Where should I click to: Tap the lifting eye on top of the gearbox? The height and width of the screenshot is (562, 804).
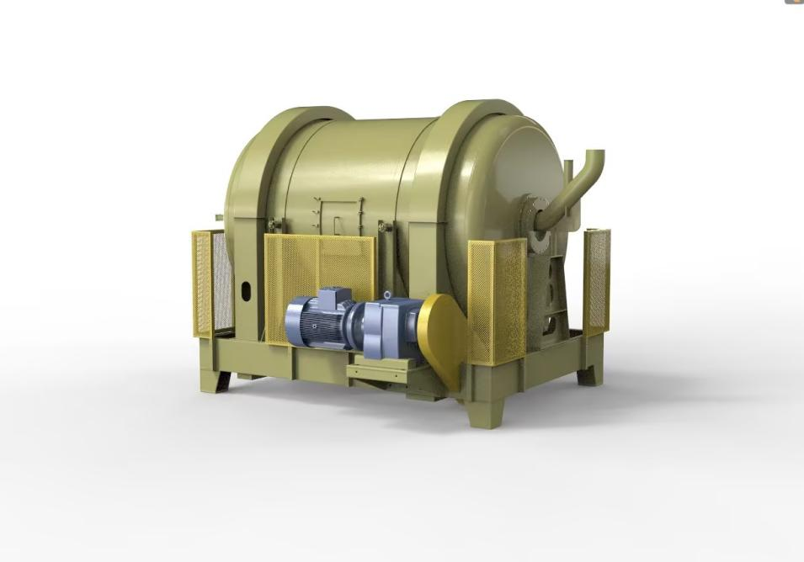click(x=386, y=295)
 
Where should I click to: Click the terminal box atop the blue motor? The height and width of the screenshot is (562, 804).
click(x=335, y=295)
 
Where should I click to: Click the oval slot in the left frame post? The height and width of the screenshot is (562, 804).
click(x=246, y=291)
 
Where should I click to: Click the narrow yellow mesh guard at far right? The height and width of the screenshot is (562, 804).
click(x=596, y=281)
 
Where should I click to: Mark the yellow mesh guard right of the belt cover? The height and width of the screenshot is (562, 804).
click(x=497, y=299)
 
